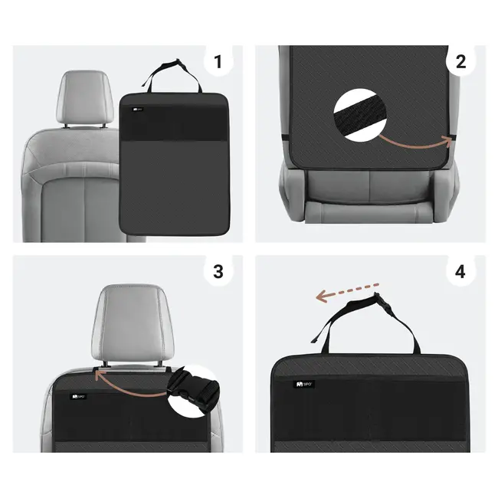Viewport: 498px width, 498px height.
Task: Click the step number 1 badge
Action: pyautogui.click(x=218, y=62)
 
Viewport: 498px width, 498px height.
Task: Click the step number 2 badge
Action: pyautogui.click(x=460, y=62)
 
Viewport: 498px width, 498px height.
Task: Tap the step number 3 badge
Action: pyautogui.click(x=218, y=271)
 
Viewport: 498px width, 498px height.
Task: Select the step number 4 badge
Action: pyautogui.click(x=460, y=271)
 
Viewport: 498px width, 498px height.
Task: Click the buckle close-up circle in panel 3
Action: pyautogui.click(x=194, y=390)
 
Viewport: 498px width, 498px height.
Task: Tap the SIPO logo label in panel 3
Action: pyautogui.click(x=78, y=397)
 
